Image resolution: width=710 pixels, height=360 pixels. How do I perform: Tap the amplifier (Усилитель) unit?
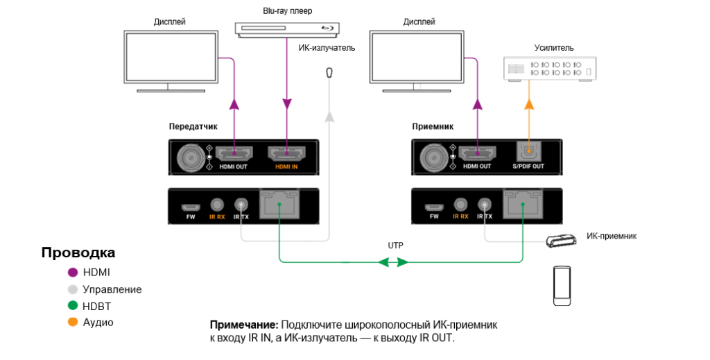549,69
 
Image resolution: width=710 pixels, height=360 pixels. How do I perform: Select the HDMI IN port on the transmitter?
286,155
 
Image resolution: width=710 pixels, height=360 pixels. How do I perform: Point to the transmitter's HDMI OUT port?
234,155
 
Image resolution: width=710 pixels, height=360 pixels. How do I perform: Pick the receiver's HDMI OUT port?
477,153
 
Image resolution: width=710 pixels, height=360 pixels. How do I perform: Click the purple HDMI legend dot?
73,273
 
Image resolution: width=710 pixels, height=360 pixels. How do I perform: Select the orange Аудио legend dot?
73,323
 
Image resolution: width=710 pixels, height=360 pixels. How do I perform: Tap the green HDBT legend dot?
73,306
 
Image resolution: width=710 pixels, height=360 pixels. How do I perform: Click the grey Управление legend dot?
73,289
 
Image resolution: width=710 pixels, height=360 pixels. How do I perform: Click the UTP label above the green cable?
395,246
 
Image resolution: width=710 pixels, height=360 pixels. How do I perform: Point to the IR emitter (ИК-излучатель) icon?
329,73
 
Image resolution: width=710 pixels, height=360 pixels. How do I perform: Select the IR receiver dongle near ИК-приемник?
560,241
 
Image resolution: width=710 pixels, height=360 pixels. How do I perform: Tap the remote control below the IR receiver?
562,284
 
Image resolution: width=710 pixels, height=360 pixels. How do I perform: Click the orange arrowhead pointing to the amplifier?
529,104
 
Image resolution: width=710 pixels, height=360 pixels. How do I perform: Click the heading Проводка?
78,252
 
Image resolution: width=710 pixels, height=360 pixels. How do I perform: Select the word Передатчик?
193,127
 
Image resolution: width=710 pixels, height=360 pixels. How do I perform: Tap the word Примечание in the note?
243,325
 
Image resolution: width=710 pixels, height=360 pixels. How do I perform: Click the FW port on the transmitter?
190,207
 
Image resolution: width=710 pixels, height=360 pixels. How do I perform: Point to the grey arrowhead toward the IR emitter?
329,117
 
